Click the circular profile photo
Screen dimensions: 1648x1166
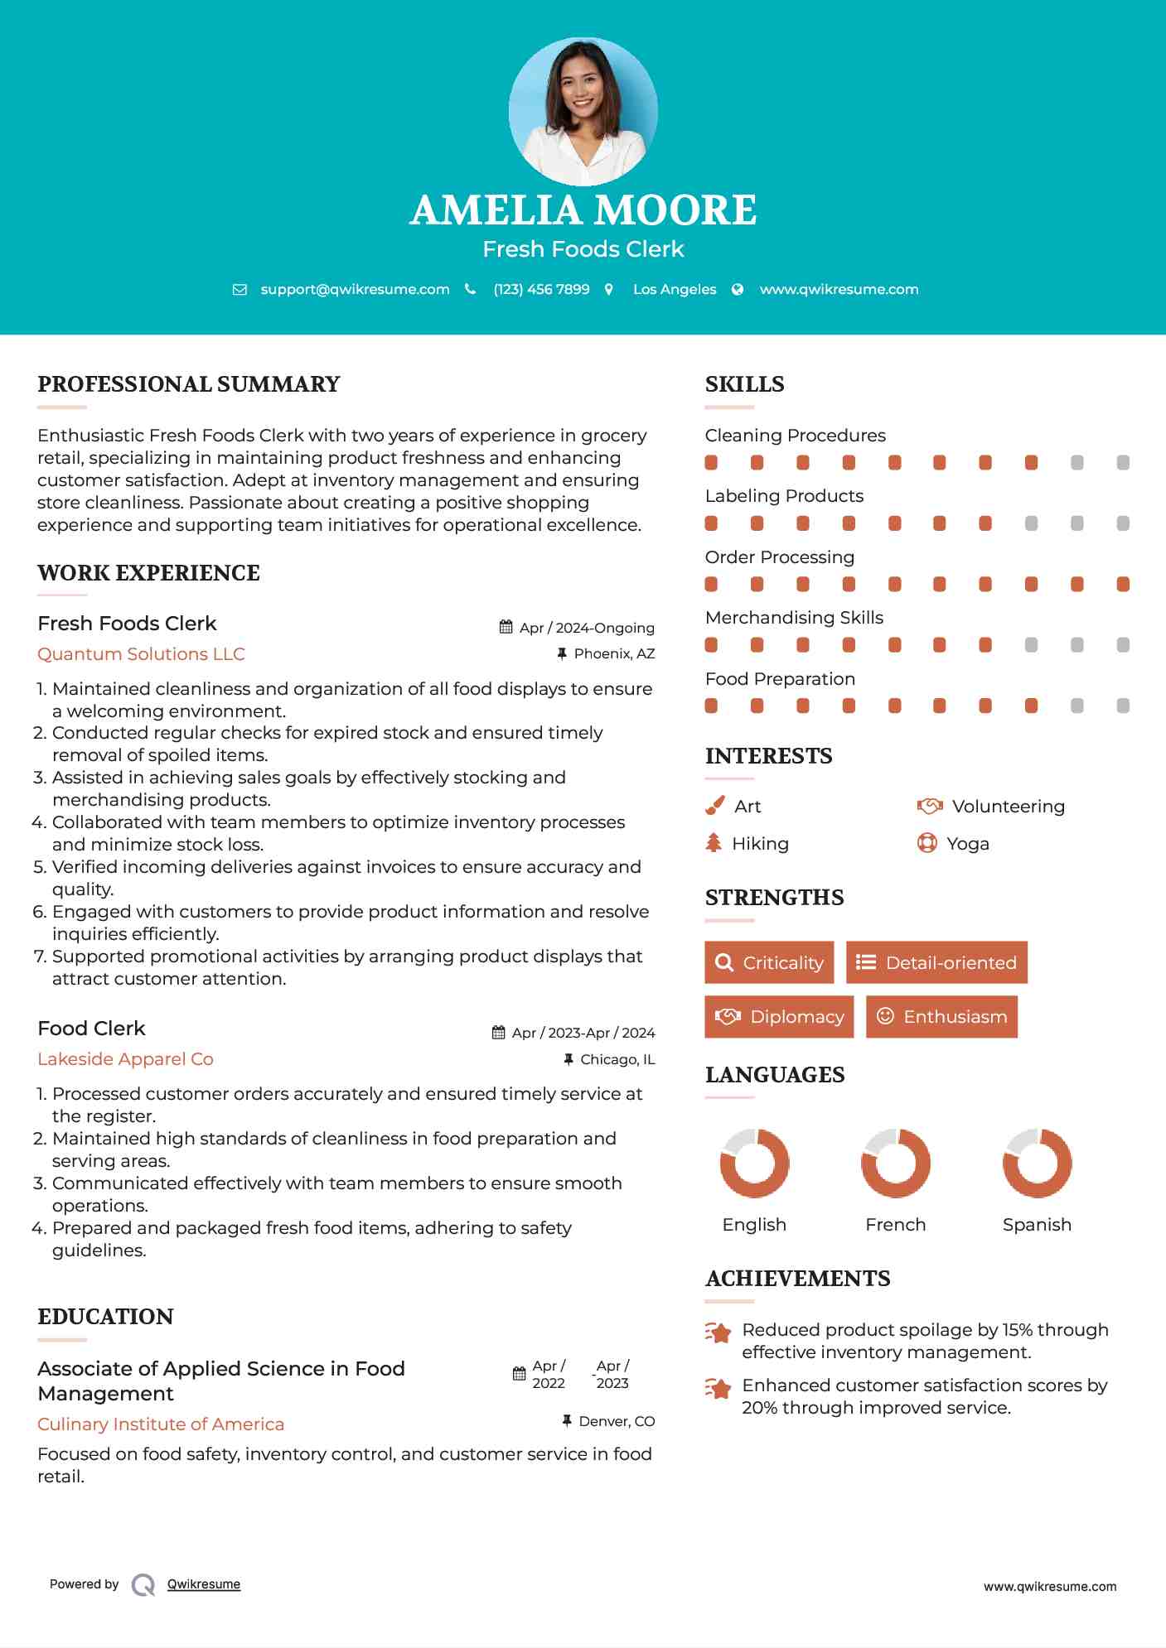click(583, 112)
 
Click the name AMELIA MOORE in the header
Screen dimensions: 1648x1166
click(583, 210)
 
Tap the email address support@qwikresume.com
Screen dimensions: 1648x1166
click(355, 289)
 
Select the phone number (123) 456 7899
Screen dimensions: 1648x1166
click(541, 289)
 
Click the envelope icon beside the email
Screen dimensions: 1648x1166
click(239, 289)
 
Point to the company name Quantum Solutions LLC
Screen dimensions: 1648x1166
click(141, 654)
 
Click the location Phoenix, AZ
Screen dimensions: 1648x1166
click(614, 654)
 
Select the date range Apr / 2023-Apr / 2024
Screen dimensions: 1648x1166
click(583, 1033)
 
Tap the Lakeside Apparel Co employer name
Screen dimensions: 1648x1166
click(125, 1059)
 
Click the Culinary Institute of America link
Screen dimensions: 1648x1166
click(161, 1424)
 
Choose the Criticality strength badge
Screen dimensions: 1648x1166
click(769, 962)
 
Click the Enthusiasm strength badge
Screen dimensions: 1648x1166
click(941, 1017)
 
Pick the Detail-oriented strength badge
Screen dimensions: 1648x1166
click(936, 962)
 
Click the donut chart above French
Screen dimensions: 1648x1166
click(895, 1163)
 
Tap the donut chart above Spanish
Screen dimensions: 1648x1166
click(1037, 1163)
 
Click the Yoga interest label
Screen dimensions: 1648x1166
click(968, 844)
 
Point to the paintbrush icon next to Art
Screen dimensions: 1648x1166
click(714, 806)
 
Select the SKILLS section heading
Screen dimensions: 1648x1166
click(744, 384)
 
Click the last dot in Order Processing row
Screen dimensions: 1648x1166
click(1123, 585)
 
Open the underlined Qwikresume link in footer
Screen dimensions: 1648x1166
click(204, 1584)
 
